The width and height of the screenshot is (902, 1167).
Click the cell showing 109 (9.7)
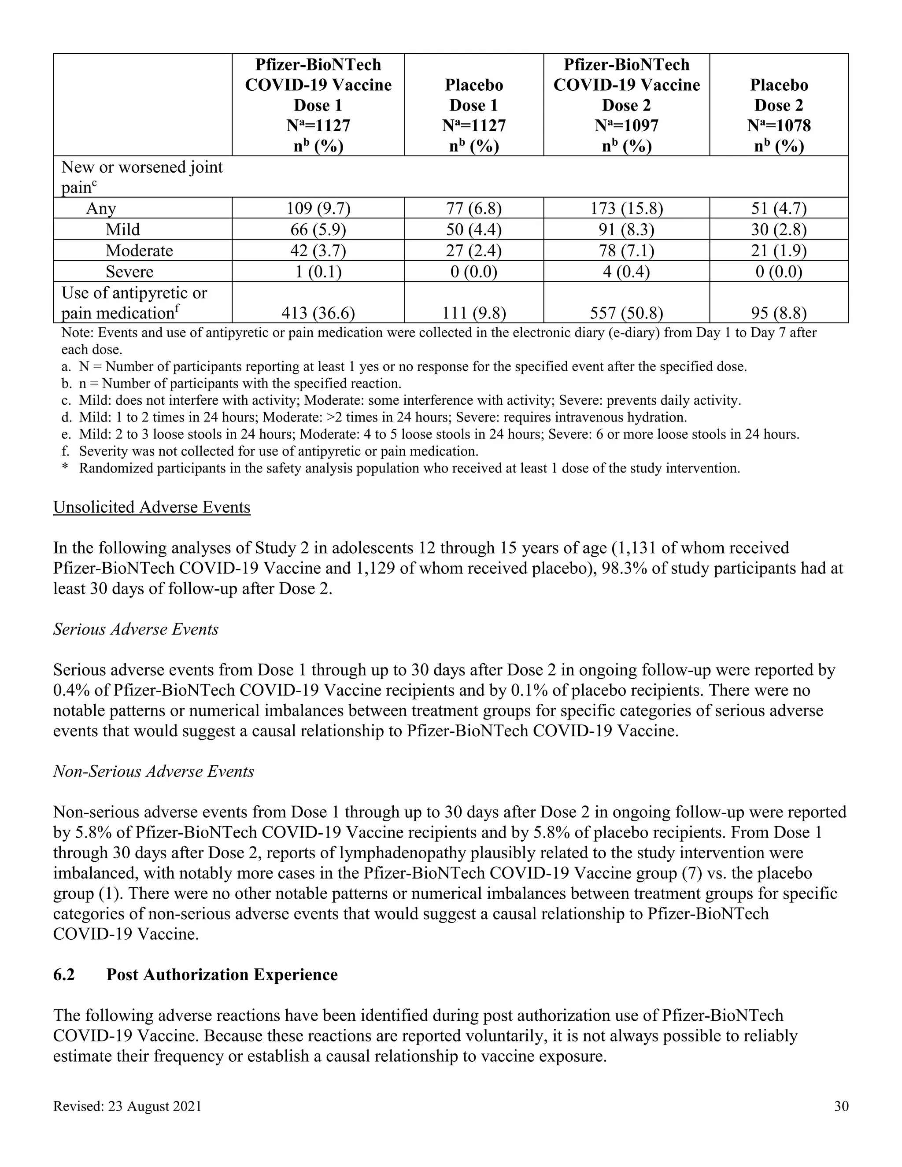click(318, 208)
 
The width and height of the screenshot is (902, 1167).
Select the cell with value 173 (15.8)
click(626, 208)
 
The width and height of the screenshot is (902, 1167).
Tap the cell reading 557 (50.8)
click(626, 313)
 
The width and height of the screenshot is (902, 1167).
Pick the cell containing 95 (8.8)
click(779, 313)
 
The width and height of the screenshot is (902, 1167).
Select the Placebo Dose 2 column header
click(779, 105)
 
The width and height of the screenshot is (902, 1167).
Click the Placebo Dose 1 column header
click(473, 105)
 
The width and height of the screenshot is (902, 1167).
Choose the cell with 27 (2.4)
click(473, 251)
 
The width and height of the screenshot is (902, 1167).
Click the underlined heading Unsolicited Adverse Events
click(152, 507)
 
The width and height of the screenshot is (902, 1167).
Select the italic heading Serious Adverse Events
click(136, 629)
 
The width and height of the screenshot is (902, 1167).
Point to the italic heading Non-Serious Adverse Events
click(153, 771)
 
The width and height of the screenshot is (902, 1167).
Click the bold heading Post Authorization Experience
click(222, 975)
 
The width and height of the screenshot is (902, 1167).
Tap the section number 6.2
click(64, 975)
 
